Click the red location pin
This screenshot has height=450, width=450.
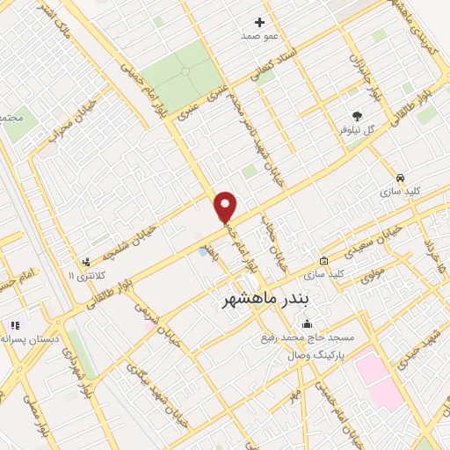(226, 207)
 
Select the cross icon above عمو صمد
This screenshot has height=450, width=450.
(259, 22)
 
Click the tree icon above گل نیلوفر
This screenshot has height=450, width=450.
(357, 115)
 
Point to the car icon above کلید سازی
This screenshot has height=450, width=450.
(400, 176)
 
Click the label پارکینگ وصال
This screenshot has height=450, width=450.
(315, 355)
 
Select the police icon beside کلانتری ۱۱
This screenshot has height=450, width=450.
(85, 261)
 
